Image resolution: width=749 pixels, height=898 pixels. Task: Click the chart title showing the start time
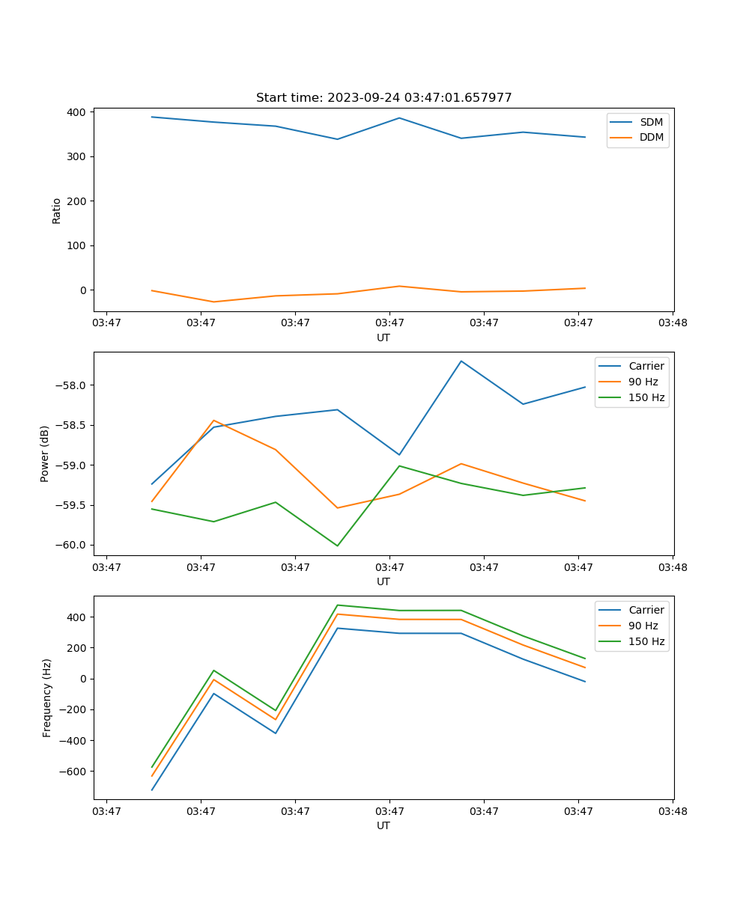coord(383,98)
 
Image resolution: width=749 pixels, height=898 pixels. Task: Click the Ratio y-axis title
coord(57,210)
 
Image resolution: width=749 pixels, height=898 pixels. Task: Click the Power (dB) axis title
coord(45,453)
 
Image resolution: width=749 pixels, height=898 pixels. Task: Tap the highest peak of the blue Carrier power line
coord(461,361)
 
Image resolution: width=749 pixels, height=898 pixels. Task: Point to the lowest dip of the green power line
coord(337,546)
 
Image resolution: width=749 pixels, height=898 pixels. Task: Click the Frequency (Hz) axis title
coord(47,697)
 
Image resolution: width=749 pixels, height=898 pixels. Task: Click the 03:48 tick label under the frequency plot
coord(672,810)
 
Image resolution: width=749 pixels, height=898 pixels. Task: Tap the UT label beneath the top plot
coord(383,337)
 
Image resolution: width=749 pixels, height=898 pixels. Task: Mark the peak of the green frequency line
coord(337,605)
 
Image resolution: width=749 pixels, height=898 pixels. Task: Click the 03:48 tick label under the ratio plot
coord(672,323)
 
